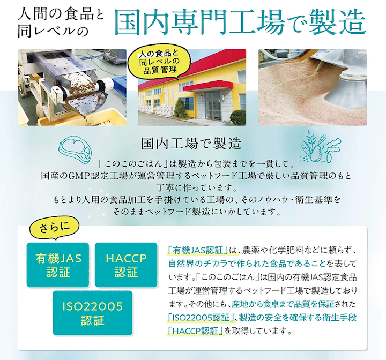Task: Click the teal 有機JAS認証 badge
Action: (57, 265)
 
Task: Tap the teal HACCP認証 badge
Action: (126, 265)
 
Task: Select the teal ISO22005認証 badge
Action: (93, 313)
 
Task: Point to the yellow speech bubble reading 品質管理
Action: (158, 63)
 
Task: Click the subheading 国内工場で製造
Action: (191, 144)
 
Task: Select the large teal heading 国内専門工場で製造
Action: (240, 22)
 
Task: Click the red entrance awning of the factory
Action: (208, 87)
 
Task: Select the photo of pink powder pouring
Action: (313, 87)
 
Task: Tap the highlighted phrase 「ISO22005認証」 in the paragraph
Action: (201, 318)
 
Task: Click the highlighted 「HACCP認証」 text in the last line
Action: (196, 331)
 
